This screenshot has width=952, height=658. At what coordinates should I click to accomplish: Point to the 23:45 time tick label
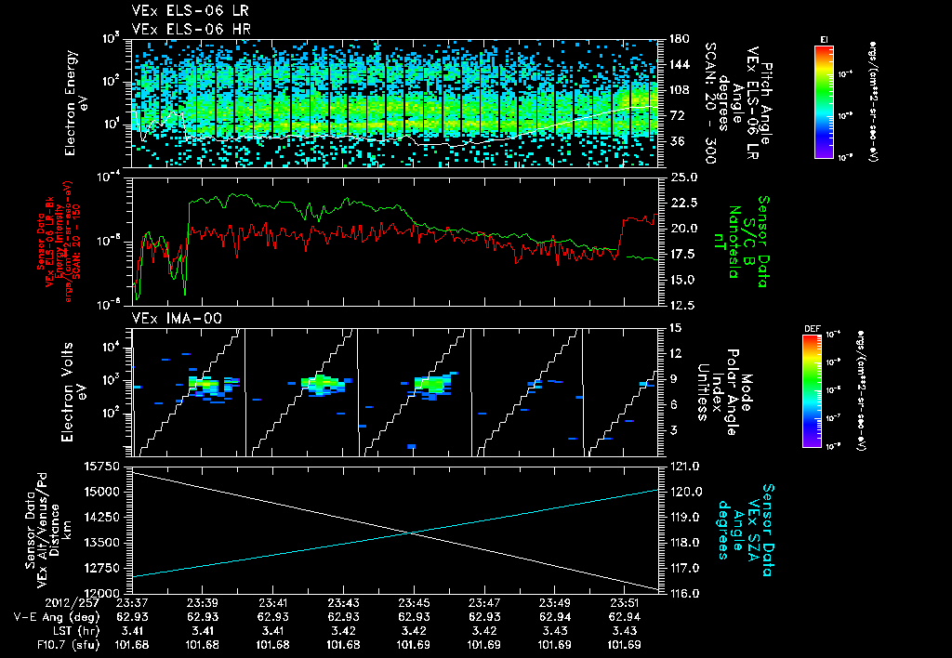(x=413, y=603)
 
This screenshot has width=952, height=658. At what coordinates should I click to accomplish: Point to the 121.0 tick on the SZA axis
(x=682, y=466)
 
